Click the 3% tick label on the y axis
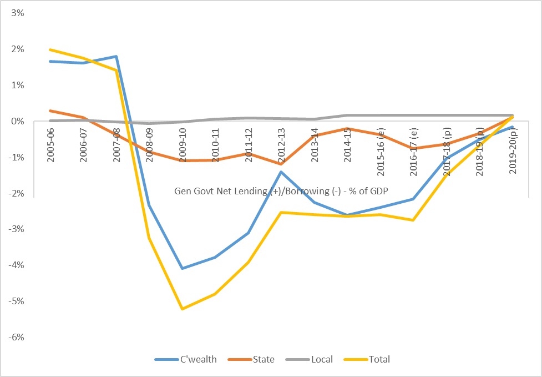point(17,13)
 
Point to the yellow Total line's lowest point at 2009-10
point(183,309)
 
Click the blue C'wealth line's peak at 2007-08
point(116,57)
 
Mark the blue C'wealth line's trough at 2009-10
point(183,268)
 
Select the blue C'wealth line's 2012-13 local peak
point(281,172)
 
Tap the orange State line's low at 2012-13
point(281,164)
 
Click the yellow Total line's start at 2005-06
point(51,50)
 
